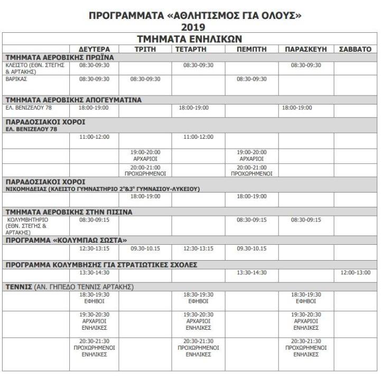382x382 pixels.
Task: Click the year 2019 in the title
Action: tap(191, 27)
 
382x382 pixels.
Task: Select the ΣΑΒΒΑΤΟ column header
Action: tap(355, 49)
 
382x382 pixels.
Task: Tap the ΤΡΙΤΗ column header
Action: tap(145, 49)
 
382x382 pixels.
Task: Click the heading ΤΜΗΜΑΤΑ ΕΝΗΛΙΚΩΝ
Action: tap(191, 39)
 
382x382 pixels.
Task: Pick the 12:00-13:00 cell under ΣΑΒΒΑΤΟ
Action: tap(356, 272)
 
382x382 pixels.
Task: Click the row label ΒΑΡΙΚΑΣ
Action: tap(16, 79)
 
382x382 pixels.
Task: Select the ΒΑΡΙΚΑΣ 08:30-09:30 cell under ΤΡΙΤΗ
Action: tap(145, 79)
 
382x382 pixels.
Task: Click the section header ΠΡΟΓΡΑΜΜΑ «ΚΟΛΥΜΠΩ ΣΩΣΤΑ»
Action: tap(66, 240)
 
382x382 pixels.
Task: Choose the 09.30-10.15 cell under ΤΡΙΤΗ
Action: tap(145, 248)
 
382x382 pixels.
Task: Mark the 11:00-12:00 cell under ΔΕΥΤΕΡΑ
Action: tap(94, 137)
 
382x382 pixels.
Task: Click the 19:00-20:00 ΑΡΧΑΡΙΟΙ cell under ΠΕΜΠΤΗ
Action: tap(251, 155)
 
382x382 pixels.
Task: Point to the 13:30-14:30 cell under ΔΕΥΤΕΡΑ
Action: tap(94, 272)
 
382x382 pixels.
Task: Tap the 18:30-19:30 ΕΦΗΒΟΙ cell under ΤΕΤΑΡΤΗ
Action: tap(198, 298)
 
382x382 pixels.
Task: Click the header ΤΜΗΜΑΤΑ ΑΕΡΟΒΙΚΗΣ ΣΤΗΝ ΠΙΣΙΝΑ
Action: tap(69, 212)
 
